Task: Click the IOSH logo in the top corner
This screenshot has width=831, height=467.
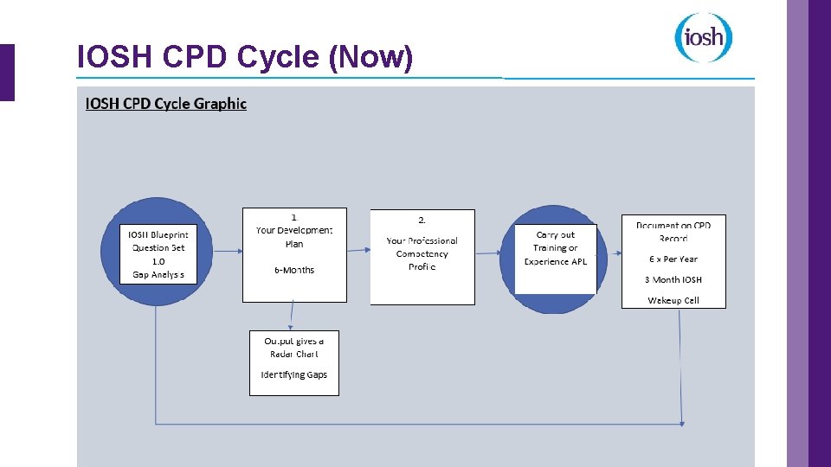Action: (x=704, y=38)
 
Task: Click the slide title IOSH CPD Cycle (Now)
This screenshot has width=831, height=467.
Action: (x=245, y=57)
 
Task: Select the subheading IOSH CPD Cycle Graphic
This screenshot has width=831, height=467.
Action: (x=165, y=104)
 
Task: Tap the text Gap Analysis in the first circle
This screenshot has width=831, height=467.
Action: (x=158, y=274)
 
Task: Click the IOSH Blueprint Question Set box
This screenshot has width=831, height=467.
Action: (x=158, y=253)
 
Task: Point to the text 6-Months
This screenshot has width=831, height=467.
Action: (x=294, y=270)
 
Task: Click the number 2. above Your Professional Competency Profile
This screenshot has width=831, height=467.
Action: (x=422, y=221)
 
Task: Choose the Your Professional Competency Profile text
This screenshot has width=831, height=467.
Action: (x=422, y=253)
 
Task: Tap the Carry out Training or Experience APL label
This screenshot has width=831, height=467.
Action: (x=555, y=248)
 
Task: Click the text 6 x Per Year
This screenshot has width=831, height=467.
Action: (x=673, y=259)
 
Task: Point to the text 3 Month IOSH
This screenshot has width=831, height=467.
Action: (x=673, y=279)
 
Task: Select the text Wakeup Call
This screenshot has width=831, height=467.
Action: (x=673, y=300)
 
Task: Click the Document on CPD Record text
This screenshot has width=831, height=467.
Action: (x=673, y=232)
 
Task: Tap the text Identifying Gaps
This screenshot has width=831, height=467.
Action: (x=294, y=374)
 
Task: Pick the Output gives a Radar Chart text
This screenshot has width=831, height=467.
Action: (x=294, y=347)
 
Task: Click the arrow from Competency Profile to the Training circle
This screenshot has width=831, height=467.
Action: (x=487, y=253)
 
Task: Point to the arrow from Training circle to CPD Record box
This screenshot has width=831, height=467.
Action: (x=609, y=253)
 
